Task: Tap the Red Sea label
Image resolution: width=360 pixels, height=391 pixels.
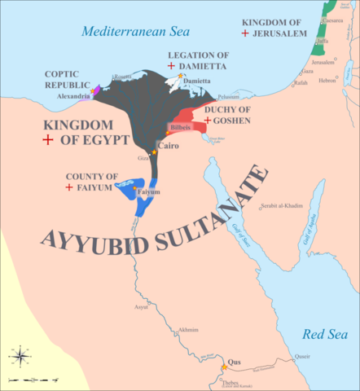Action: (324, 334)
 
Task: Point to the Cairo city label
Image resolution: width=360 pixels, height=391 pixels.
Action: (168, 147)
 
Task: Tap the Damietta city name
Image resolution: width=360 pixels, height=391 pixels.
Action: (197, 81)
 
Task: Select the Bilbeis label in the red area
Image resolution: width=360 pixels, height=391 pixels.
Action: (180, 129)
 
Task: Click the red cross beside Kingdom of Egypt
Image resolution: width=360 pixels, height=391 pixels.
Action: (48, 140)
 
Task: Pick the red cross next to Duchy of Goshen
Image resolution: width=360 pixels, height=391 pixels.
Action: (208, 121)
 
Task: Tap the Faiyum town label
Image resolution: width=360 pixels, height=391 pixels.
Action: (148, 192)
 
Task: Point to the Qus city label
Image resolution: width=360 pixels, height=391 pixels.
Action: (235, 361)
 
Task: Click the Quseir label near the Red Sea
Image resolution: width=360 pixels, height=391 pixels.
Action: (302, 355)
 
